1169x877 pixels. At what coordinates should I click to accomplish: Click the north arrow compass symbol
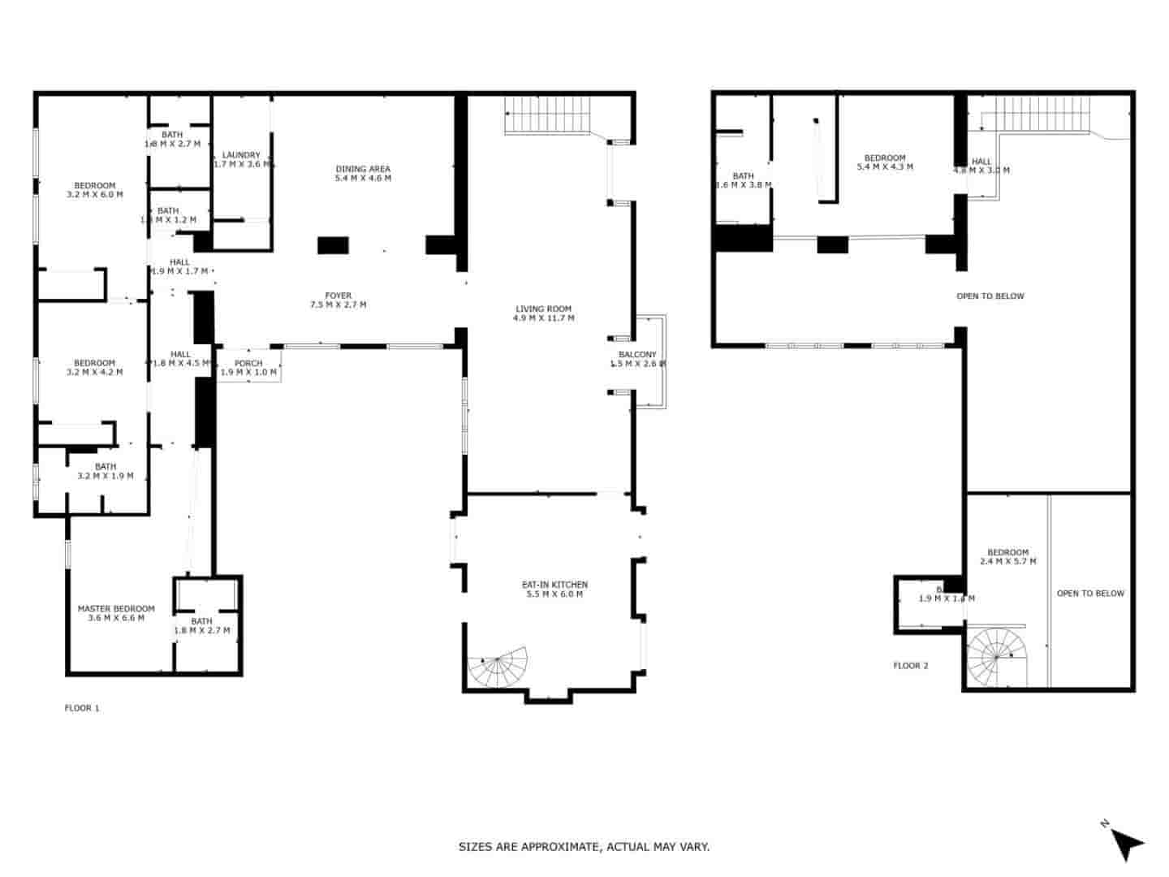1124,842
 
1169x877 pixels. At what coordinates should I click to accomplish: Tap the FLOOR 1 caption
82,708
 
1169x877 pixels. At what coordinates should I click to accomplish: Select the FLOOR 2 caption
911,666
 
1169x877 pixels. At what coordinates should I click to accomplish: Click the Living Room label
543,309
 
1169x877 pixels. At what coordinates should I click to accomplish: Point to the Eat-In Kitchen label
554,585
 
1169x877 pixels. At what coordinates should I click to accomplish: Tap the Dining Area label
363,169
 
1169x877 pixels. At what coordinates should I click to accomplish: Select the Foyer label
339,296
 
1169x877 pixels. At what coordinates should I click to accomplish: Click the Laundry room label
241,155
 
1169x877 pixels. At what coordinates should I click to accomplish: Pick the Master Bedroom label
116,608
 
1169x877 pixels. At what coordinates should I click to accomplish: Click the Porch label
248,363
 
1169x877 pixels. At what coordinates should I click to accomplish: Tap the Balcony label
637,355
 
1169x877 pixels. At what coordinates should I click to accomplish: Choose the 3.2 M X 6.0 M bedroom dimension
95,195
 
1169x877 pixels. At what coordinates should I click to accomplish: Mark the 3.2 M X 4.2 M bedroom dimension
95,373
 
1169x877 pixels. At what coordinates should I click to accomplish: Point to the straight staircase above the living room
548,114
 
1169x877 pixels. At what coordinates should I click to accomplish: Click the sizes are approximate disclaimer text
584,847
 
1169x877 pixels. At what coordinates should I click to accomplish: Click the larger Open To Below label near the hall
990,296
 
